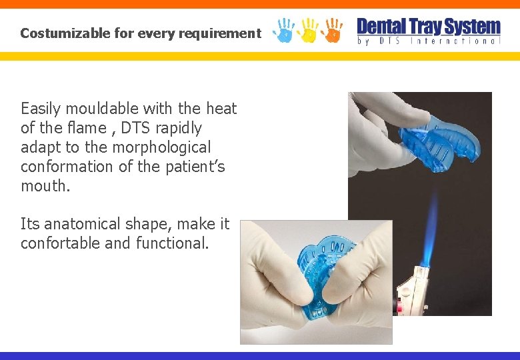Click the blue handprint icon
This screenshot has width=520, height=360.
click(285, 30)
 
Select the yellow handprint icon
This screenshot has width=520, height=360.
click(308, 30)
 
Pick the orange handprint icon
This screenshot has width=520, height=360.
click(331, 30)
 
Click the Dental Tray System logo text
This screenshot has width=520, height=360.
click(428, 27)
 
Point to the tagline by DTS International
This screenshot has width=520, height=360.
click(428, 41)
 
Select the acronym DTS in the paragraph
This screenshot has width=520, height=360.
click(136, 127)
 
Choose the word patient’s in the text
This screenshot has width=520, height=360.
click(194, 166)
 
